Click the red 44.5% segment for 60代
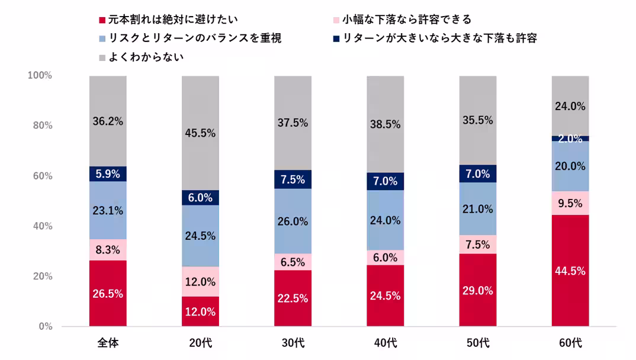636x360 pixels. pyautogui.click(x=570, y=271)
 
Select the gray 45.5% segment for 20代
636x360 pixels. pyautogui.click(x=200, y=133)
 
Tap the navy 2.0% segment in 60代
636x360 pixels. pyautogui.click(x=570, y=139)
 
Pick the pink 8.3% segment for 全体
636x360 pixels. pyautogui.click(x=108, y=250)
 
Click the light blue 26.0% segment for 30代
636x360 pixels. pyautogui.click(x=293, y=221)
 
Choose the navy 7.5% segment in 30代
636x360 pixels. pyautogui.click(x=293, y=179)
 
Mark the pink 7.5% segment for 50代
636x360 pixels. pyautogui.click(x=477, y=245)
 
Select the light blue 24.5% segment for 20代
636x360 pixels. pyautogui.click(x=200, y=236)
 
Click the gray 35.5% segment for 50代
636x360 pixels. pyautogui.click(x=477, y=120)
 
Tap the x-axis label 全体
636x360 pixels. pyautogui.click(x=108, y=343)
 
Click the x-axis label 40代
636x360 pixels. pyautogui.click(x=385, y=343)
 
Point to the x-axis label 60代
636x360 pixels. pyautogui.click(x=570, y=343)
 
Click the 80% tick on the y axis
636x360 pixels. pyautogui.click(x=41, y=126)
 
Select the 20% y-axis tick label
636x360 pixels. pyautogui.click(x=41, y=277)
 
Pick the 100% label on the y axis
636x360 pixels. pyautogui.click(x=40, y=76)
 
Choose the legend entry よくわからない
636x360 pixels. pyautogui.click(x=146, y=57)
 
